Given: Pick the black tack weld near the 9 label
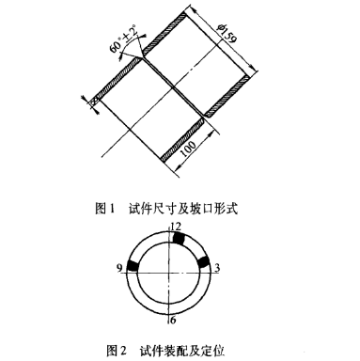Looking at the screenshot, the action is (133, 268).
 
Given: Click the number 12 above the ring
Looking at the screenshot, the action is (173, 227).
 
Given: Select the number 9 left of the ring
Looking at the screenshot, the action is (119, 268).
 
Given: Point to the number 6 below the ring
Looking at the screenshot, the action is (173, 320).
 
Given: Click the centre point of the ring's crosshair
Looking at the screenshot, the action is (170, 269).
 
